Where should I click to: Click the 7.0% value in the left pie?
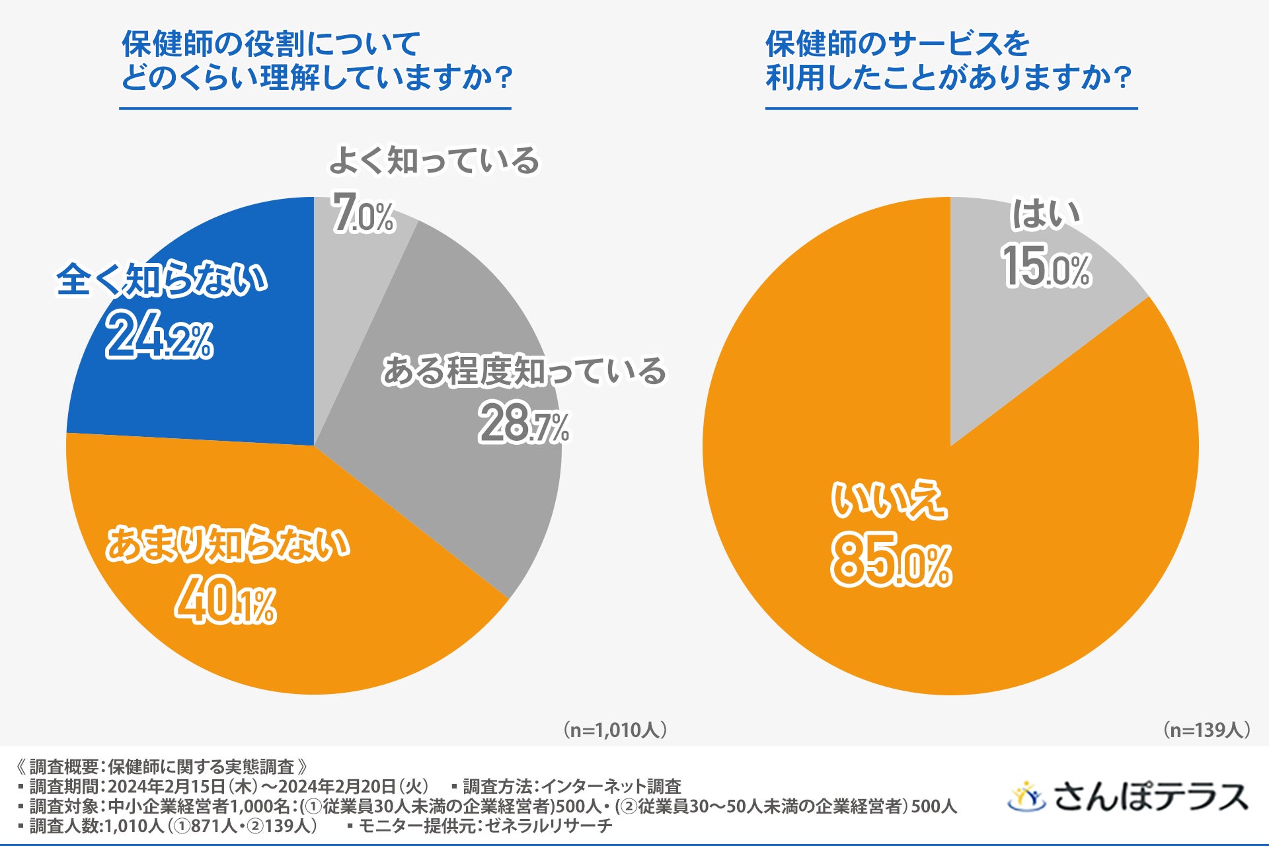click(x=363, y=213)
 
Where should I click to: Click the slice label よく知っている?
click(x=434, y=161)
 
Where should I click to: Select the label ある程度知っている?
click(x=523, y=371)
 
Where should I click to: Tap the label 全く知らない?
click(x=161, y=279)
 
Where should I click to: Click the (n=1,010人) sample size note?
click(x=615, y=730)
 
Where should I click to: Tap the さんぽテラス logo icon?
click(x=1026, y=796)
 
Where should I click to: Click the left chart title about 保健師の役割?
click(x=316, y=61)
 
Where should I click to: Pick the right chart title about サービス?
click(x=948, y=61)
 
